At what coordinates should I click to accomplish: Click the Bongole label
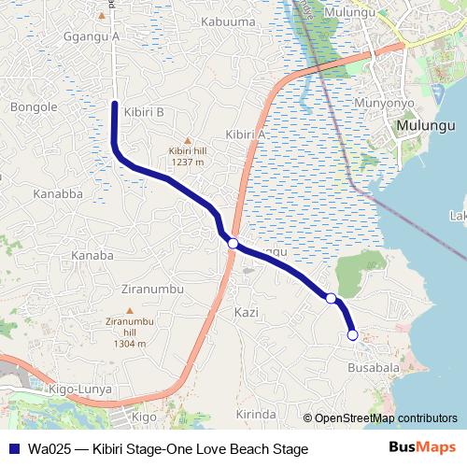[34, 106]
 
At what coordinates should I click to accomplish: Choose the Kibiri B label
[144, 112]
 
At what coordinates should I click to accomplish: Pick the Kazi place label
[247, 312]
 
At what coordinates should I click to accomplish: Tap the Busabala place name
[374, 368]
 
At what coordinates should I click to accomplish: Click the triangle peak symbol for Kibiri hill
[186, 138]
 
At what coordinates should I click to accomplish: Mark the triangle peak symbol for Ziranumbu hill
[130, 310]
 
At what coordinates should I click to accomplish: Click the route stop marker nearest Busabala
[352, 334]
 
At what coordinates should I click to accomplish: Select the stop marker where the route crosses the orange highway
[233, 244]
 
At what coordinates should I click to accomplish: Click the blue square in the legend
[13, 449]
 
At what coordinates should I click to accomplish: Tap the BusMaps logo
[421, 449]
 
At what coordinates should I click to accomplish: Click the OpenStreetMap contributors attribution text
[386, 418]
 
